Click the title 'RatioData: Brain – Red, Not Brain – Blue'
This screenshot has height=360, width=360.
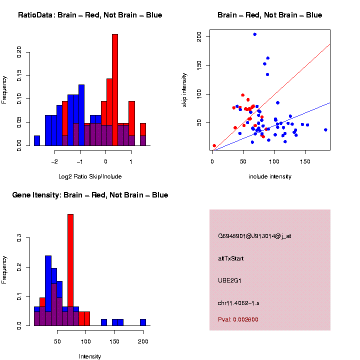click(x=90, y=15)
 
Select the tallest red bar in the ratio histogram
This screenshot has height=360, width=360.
click(x=115, y=90)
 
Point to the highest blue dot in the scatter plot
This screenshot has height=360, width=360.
click(x=255, y=34)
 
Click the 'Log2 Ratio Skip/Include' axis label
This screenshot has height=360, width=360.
click(x=89, y=176)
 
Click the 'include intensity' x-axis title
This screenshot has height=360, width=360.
click(x=269, y=176)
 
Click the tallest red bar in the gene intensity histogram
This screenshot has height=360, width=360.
click(x=70, y=270)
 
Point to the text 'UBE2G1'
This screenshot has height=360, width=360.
click(x=230, y=280)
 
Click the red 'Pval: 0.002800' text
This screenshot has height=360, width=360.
click(x=238, y=319)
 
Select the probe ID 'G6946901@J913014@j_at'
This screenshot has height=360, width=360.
click(x=254, y=236)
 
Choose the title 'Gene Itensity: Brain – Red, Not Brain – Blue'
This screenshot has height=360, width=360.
click(x=90, y=195)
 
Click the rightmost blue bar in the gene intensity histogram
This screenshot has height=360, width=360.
click(x=143, y=322)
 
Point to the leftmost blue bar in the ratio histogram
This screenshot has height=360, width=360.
click(x=37, y=140)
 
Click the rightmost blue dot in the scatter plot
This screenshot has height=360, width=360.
click(x=325, y=129)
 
